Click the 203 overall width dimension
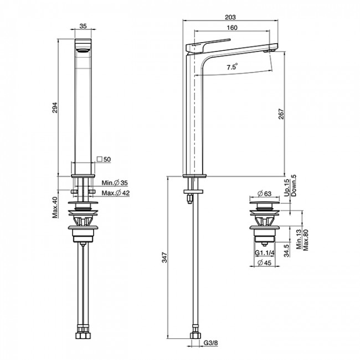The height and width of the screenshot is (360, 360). (x=230, y=17)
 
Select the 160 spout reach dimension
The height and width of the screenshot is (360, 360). (x=232, y=28)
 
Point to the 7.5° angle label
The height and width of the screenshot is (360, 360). (x=232, y=67)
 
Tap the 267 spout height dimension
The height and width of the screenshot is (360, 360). (x=281, y=114)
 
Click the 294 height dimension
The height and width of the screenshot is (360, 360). (x=55, y=107)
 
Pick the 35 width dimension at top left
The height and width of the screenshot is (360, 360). (x=83, y=26)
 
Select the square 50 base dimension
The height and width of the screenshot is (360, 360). (x=104, y=160)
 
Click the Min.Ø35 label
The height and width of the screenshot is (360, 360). (x=115, y=183)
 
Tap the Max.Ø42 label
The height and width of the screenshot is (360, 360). (x=116, y=193)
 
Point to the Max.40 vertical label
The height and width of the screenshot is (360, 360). (x=55, y=207)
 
